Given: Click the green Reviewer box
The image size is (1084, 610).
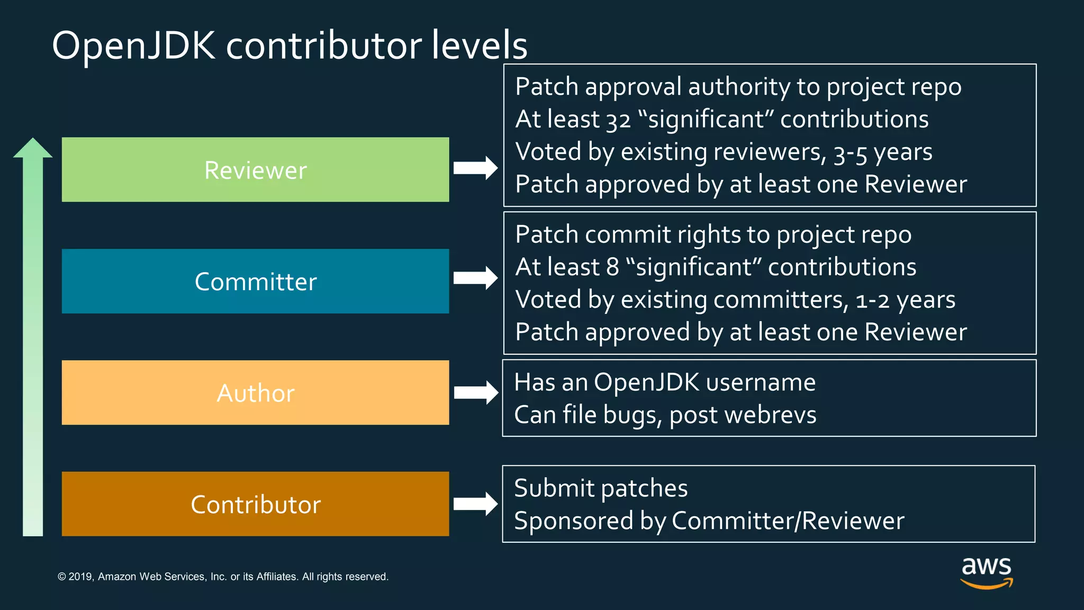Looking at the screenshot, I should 255,169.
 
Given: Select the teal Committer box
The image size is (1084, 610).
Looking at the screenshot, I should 255,281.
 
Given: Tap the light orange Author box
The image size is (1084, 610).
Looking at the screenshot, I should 255,392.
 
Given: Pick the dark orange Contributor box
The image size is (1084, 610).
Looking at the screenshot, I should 255,504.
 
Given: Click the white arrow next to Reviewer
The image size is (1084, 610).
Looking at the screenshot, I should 475,168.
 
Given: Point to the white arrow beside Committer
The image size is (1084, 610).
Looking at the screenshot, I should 475,278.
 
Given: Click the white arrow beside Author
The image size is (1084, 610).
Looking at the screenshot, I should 475,392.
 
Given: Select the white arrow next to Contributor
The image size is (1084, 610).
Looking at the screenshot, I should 475,503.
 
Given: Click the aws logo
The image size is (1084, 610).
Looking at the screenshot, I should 986,571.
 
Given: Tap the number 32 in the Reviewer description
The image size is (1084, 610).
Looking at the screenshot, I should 618,120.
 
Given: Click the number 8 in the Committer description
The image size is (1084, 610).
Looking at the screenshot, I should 612,267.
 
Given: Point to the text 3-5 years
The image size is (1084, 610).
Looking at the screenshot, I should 882,152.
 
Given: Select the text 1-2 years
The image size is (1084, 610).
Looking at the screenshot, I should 905,300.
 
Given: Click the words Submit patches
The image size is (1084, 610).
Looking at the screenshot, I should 601,488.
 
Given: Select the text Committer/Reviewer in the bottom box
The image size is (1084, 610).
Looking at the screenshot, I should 788,521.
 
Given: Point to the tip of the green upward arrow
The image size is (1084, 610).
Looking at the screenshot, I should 33,140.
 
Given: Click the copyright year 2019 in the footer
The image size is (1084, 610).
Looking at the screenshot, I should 80,577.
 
